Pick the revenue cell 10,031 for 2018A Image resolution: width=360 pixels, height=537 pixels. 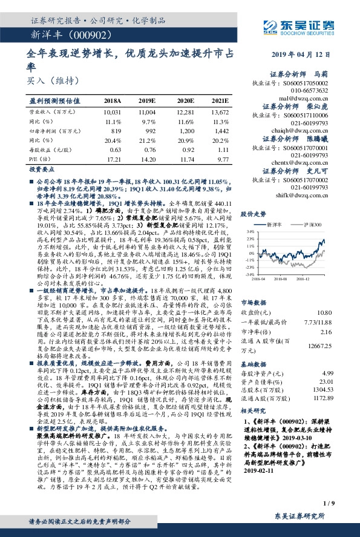pyautogui.click(x=113, y=113)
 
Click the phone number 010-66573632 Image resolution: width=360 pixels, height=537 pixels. pyautogui.click(x=308, y=90)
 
